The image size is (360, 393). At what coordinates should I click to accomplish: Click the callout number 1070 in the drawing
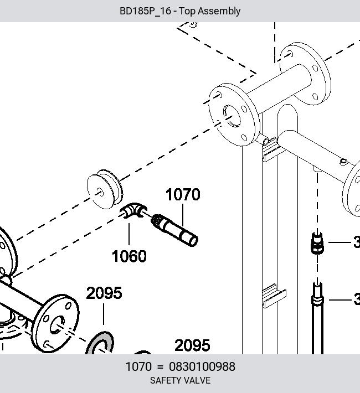(183, 194)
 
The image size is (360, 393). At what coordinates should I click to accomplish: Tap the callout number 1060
(129, 256)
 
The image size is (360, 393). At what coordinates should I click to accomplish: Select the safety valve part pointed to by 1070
(174, 230)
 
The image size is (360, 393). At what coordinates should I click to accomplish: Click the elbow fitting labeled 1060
(133, 210)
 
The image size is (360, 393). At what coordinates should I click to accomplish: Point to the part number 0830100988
(202, 366)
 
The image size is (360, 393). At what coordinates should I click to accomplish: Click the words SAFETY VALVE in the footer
(180, 380)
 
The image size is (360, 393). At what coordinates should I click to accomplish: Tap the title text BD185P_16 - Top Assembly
(180, 11)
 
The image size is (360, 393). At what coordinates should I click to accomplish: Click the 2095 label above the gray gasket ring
(104, 293)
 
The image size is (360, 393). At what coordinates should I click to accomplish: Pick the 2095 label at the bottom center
(192, 345)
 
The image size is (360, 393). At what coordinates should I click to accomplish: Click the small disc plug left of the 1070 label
(105, 189)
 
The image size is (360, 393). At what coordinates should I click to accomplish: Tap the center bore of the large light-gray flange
(232, 116)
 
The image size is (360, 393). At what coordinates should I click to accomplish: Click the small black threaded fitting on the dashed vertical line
(317, 243)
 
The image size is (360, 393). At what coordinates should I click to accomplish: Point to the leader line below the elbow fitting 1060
(129, 234)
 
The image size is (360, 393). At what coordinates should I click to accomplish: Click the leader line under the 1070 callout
(183, 215)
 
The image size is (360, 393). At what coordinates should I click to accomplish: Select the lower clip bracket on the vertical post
(274, 296)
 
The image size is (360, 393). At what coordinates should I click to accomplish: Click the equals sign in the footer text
(160, 367)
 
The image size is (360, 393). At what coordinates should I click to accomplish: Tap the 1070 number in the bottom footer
(138, 366)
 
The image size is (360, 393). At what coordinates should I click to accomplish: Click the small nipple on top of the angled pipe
(344, 162)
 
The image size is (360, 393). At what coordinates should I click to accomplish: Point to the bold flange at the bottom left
(55, 323)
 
